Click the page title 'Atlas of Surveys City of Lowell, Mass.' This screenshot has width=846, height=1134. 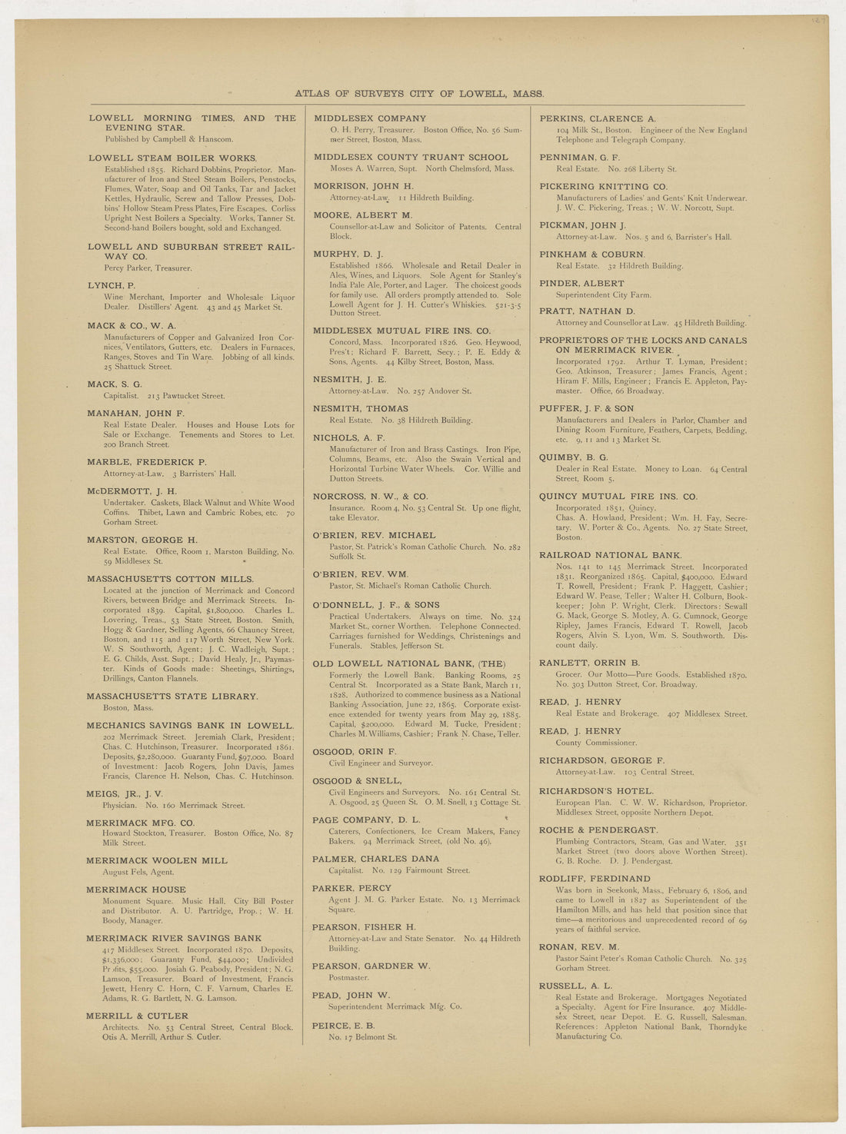click(x=419, y=94)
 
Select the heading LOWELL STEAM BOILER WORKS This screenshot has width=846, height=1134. click(x=172, y=158)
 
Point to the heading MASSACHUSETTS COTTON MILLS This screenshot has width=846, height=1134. click(x=170, y=579)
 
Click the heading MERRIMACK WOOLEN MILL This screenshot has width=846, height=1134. click(x=157, y=860)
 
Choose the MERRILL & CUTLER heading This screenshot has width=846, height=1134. click(x=137, y=1016)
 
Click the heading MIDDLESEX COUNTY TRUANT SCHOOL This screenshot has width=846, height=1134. click(x=411, y=157)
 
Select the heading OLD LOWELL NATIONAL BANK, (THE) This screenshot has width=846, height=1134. click(x=409, y=663)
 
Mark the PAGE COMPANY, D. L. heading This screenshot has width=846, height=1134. click(x=366, y=820)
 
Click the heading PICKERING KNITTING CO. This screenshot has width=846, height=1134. click(x=603, y=186)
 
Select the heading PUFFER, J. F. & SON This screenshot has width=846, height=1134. click(x=586, y=408)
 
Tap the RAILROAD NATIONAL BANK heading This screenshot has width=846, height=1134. click(x=610, y=555)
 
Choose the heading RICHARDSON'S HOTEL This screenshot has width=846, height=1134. click(x=596, y=790)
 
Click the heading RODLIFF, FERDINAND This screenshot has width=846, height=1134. click(x=595, y=879)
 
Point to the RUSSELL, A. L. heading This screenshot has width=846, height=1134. click(x=576, y=986)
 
